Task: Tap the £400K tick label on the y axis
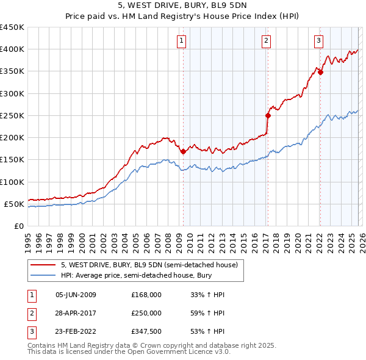pos(12,49)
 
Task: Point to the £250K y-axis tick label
pos(12,115)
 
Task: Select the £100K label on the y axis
pos(12,182)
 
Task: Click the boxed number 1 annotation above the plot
pos(182,41)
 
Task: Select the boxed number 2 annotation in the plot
pos(267,41)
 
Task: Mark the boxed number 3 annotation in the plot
pos(319,41)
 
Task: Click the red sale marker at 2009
pos(183,152)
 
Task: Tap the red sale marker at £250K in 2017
pos(268,115)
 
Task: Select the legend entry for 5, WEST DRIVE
pos(152,265)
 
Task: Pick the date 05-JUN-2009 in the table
pos(76,295)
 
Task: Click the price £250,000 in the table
pos(146,313)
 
